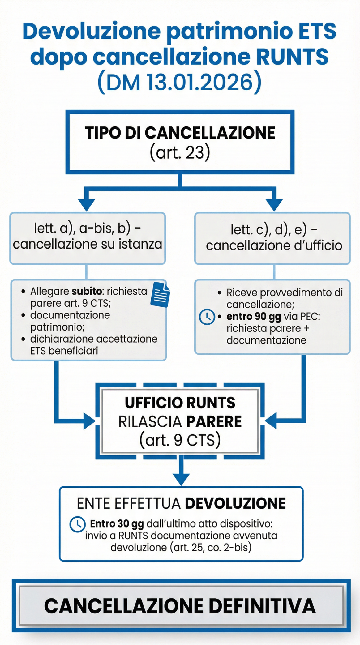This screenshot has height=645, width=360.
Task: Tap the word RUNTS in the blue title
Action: click(x=292, y=57)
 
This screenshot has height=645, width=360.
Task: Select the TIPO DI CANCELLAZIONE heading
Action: click(x=180, y=133)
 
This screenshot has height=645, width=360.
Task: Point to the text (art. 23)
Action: click(x=180, y=152)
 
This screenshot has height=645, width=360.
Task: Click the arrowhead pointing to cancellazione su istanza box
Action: click(x=86, y=204)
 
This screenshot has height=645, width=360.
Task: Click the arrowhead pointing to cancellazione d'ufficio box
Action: click(x=274, y=204)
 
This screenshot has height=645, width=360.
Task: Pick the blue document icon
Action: click(x=160, y=295)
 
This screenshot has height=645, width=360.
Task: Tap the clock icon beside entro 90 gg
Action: click(x=207, y=317)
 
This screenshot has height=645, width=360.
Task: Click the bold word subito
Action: click(x=87, y=291)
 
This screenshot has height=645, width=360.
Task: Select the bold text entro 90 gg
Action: click(x=254, y=317)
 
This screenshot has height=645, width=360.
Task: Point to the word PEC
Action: click(x=310, y=317)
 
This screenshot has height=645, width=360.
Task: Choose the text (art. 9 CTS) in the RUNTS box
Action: click(x=180, y=440)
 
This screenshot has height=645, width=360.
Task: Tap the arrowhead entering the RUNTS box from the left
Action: click(x=90, y=421)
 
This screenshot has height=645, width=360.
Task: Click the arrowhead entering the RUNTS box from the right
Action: click(x=271, y=421)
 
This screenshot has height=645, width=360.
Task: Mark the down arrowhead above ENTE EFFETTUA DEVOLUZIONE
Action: click(x=181, y=479)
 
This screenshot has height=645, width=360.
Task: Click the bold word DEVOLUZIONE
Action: click(x=235, y=503)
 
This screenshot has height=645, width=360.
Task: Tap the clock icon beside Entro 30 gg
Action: click(x=77, y=524)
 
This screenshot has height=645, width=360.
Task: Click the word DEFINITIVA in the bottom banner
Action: click(x=262, y=606)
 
